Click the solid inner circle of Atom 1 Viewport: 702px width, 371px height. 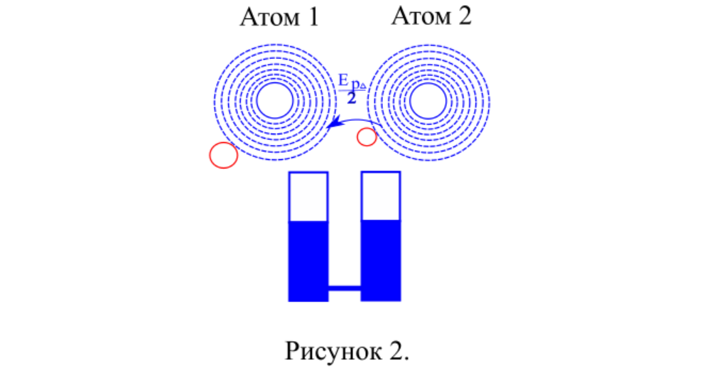point(274,100)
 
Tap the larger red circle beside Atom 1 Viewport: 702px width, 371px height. point(223,155)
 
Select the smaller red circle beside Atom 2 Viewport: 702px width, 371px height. point(367,136)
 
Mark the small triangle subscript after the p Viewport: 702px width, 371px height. point(364,87)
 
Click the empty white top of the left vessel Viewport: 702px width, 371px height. point(308,197)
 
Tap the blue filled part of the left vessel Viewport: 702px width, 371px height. point(308,260)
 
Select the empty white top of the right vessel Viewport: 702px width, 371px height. point(381,196)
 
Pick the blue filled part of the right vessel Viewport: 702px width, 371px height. point(381,260)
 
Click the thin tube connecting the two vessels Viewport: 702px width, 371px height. point(345,287)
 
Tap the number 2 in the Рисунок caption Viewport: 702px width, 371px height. point(399,349)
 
